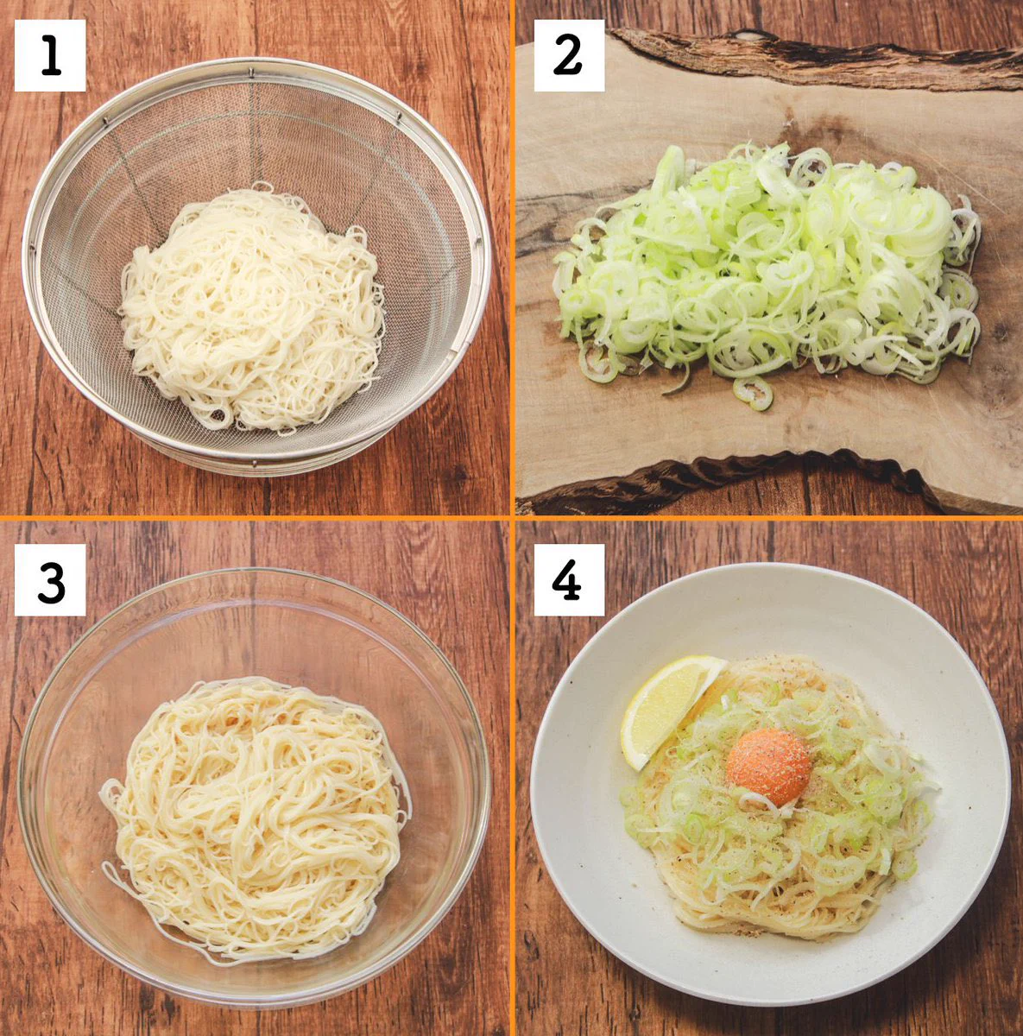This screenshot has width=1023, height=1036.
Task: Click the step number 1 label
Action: coord(50,55)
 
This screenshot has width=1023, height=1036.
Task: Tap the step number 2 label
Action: coord(569,55)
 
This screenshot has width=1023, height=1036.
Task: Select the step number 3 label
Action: coord(50,579)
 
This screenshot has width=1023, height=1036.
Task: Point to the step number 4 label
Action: coord(569,579)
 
